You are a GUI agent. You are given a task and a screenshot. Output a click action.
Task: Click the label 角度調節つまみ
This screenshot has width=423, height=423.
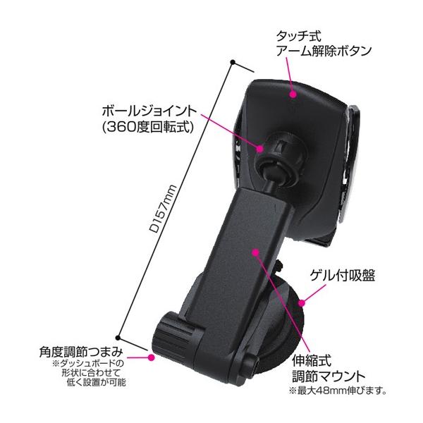pyautogui.click(x=82, y=350)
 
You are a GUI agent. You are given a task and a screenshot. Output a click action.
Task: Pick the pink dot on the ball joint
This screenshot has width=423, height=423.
pyautogui.click(x=262, y=149)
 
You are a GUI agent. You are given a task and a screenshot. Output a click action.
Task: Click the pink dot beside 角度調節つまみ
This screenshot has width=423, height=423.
pyautogui.click(x=150, y=357)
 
